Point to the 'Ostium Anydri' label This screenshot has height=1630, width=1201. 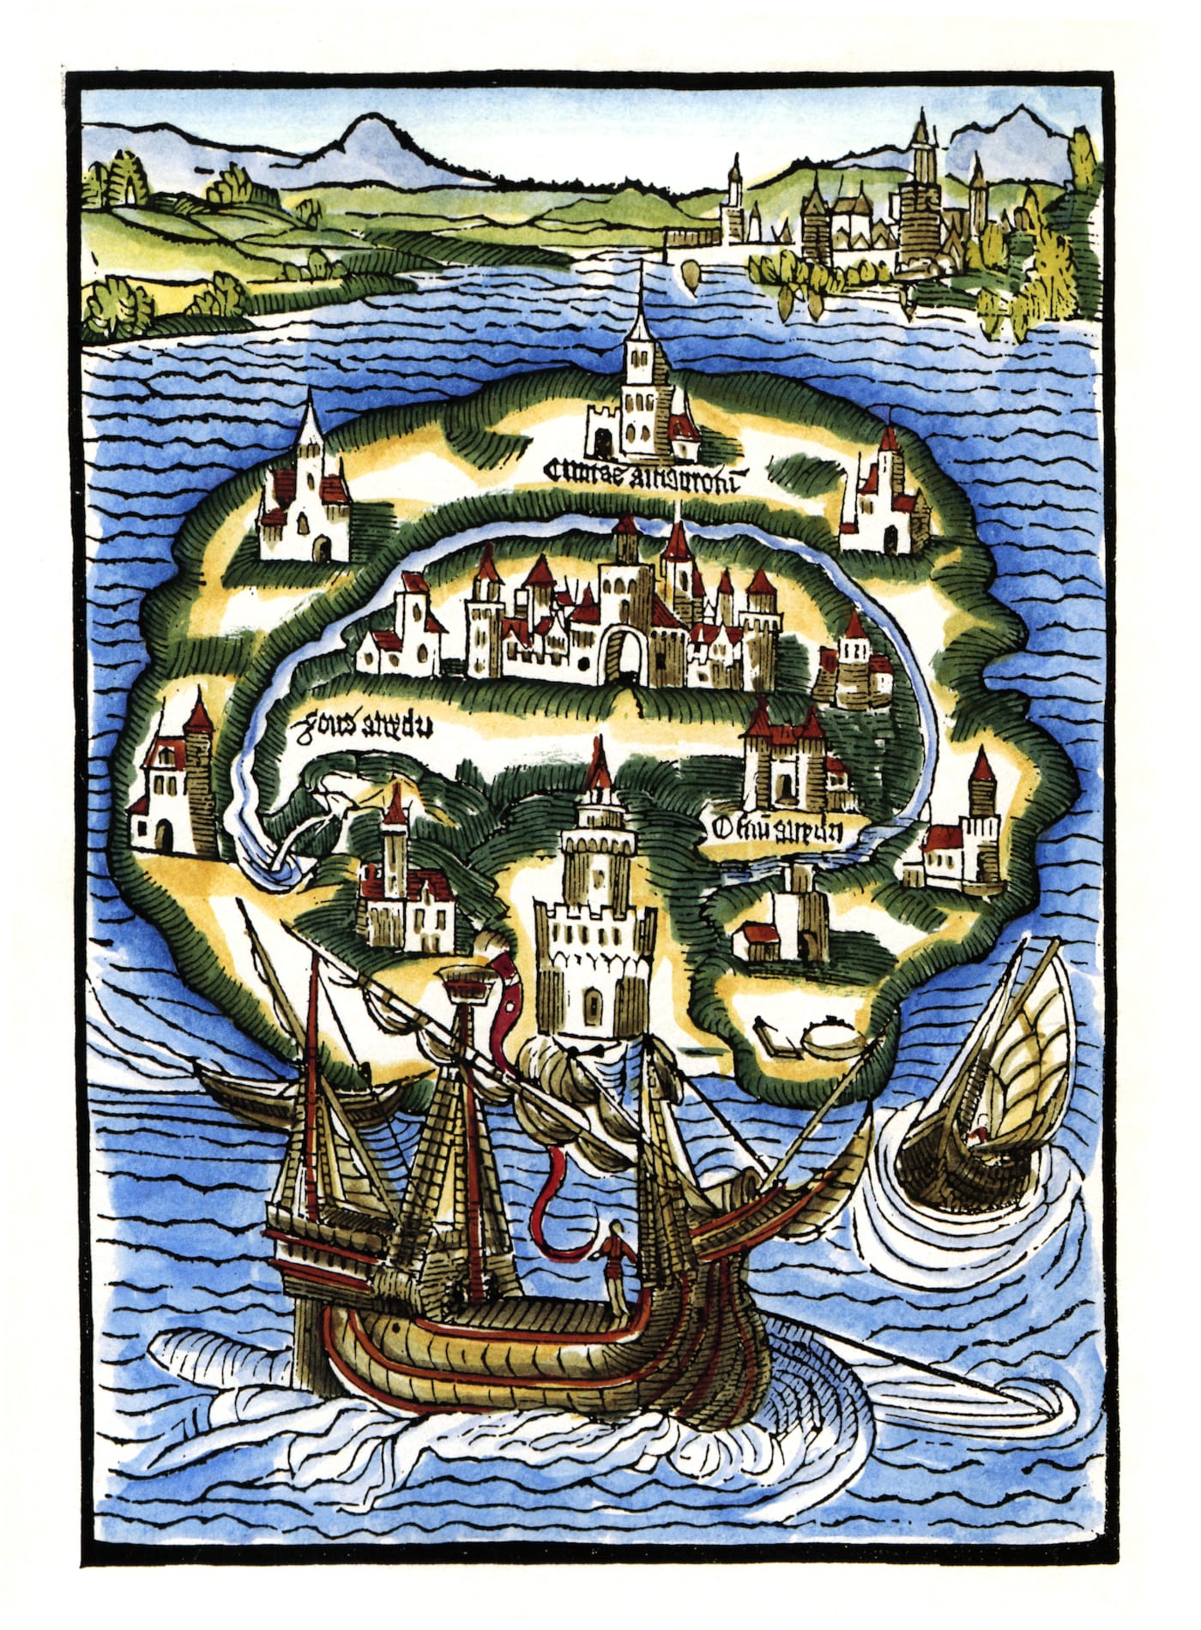click(x=777, y=828)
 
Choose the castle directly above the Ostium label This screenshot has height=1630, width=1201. click(x=785, y=763)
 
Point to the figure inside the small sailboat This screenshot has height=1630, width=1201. click(x=975, y=1136)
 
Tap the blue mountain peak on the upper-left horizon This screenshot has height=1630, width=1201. click(x=369, y=137)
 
